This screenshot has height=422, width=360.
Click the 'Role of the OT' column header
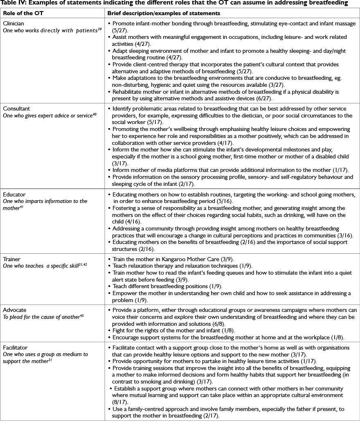coord(20,13)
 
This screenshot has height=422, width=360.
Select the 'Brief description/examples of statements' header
coord(164,13)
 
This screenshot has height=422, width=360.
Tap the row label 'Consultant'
coord(16,108)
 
